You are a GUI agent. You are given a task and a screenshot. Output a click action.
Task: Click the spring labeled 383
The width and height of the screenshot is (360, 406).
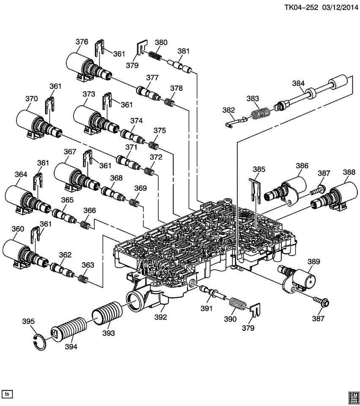260,114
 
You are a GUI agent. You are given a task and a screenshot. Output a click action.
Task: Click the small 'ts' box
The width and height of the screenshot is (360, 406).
7,394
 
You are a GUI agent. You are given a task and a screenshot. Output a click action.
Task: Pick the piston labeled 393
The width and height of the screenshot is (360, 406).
108,315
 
